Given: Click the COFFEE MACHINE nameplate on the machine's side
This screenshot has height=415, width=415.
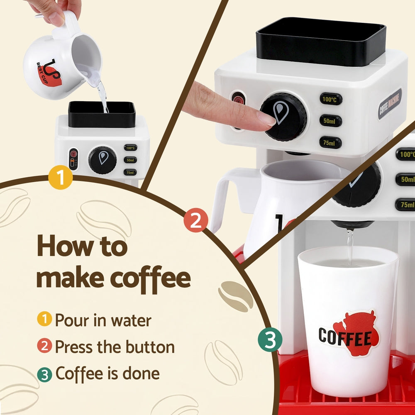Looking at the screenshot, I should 390,104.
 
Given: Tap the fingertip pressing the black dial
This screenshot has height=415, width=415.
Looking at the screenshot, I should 266,119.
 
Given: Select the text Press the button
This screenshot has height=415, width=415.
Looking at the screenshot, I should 115,347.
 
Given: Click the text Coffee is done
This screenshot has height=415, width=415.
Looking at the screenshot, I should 107,373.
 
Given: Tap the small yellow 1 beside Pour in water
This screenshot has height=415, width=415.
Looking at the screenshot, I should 44,320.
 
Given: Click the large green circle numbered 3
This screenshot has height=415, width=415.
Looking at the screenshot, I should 270,340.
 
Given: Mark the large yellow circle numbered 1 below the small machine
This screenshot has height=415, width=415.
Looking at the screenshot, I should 60,178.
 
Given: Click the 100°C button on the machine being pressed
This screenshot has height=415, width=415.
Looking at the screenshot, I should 331,99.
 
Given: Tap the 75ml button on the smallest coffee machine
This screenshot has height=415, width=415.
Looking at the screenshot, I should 130,172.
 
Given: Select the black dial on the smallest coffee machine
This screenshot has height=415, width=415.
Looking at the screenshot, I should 102,160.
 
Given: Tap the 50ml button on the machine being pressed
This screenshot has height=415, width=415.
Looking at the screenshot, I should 331,121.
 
